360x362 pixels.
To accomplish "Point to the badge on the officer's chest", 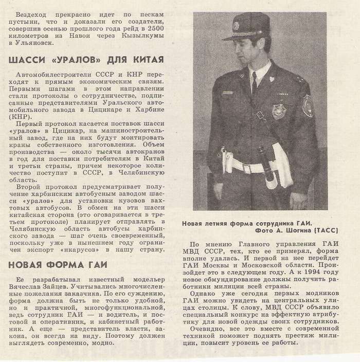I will point(279,111).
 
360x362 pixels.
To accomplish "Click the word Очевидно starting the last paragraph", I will point(211,329).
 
